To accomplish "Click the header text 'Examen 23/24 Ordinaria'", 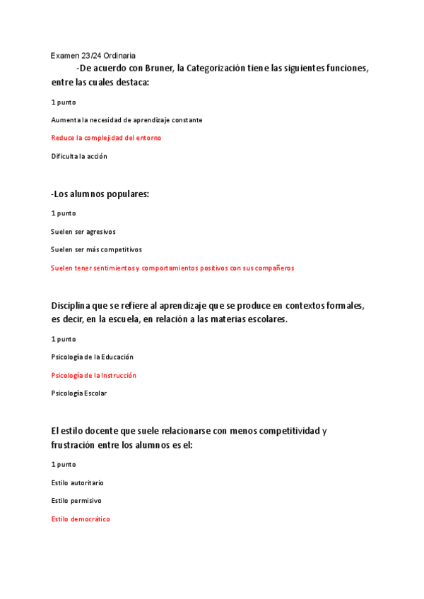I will point(93,55).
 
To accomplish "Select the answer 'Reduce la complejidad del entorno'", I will point(106,138).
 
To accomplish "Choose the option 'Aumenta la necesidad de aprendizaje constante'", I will point(126,120).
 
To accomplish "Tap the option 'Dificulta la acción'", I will point(79,156).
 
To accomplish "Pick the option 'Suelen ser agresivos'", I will point(83,231).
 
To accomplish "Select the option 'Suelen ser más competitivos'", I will point(96,249).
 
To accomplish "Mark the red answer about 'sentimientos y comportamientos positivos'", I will point(172,268).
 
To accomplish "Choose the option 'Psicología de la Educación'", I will point(93,357).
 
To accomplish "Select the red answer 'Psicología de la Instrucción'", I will point(94,375).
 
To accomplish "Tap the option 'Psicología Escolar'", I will point(79,393).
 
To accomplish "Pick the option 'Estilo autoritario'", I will point(77,482).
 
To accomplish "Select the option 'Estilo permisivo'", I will point(76,500).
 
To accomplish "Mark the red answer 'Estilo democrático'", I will point(81,519).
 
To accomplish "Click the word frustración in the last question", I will point(80,445).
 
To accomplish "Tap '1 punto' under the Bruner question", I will point(64,102).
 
